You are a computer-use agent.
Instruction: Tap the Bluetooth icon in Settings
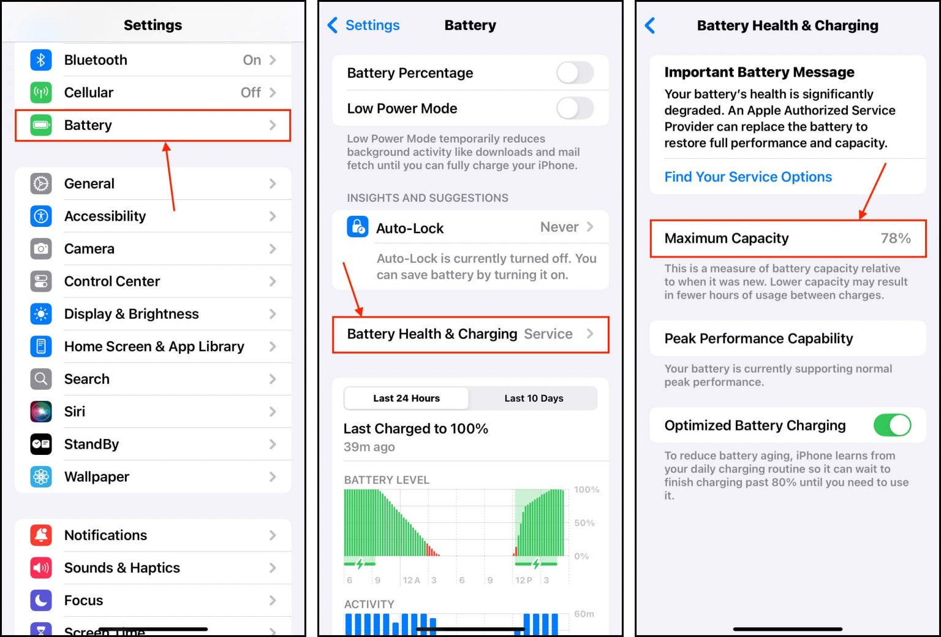pos(41,60)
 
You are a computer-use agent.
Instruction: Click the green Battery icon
pos(41,125)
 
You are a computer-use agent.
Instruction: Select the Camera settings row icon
pos(41,249)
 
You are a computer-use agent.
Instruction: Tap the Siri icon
pos(41,411)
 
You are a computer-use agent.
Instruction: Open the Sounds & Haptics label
pos(122,568)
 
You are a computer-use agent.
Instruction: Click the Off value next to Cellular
pos(251,93)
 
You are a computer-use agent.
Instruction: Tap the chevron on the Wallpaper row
pos(273,477)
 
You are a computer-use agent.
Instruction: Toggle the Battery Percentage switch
pos(575,73)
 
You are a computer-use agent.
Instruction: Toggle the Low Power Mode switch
pos(575,109)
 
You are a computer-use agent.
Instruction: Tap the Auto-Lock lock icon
pos(357,227)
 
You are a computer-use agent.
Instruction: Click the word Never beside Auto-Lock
pos(559,227)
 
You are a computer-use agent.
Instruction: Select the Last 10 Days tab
pos(534,399)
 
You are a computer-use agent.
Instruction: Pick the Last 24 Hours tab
pos(406,399)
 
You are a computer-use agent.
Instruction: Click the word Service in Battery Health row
pos(548,334)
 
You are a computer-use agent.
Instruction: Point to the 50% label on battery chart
pos(584,523)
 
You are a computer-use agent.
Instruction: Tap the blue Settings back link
pos(371,25)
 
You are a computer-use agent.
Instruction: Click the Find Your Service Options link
pos(748,177)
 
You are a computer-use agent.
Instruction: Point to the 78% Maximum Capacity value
pos(895,238)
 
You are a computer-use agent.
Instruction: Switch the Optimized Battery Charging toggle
pos(891,425)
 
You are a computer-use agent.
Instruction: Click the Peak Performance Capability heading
pos(758,338)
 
